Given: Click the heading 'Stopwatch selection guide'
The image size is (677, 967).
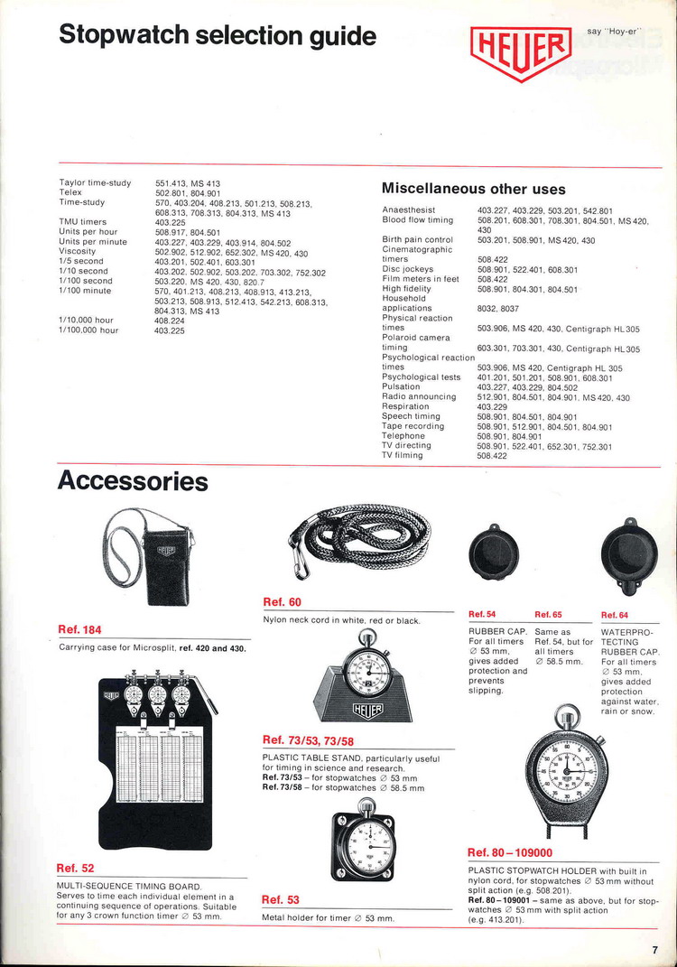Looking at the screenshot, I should coord(217,36).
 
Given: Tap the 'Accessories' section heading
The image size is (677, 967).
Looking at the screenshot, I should coord(133,481).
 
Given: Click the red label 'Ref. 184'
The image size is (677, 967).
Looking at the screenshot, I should coord(79,630).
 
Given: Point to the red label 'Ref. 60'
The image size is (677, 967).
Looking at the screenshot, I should coord(283,602).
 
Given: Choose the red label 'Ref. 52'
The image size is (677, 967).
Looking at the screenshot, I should coord(75,868).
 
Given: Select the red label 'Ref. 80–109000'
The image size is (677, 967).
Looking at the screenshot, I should coord(510,852).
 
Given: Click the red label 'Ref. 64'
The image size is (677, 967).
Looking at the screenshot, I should coord(614,615).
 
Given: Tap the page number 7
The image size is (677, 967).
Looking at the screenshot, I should coord(654,949).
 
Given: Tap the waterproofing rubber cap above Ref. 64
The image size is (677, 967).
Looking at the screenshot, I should coord(629,554).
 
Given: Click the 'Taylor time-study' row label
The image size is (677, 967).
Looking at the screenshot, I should coord(95,183).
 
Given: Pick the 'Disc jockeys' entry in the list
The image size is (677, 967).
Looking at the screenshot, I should coord(408,269).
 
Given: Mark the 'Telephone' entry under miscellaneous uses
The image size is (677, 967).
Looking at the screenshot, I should coord(403,436).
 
